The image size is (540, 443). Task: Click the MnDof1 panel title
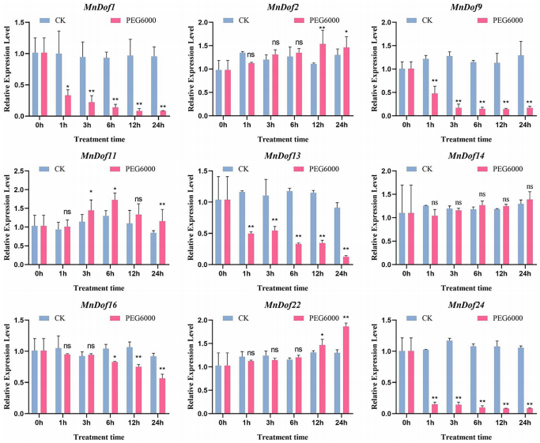(x=105, y=7)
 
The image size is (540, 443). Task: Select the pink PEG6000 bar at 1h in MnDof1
(x=68, y=106)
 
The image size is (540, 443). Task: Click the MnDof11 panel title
(x=105, y=154)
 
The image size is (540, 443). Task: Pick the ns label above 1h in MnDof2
(x=250, y=54)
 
